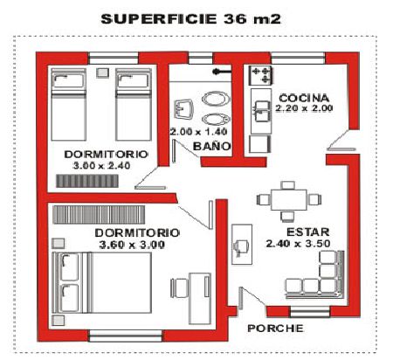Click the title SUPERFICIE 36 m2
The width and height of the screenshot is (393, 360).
coord(190,19)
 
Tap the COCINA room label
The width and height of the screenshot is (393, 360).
coord(304,98)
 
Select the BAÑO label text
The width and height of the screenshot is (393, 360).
coord(212,146)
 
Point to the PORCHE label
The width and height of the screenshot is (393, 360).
coord(275,329)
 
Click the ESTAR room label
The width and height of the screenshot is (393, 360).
coord(308,232)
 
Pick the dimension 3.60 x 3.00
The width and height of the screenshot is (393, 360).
coord(132,245)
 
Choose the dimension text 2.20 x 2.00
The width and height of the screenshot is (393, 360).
coord(304,108)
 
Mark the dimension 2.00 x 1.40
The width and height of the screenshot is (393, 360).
coord(198,132)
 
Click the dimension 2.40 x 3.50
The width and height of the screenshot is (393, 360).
coord(298,244)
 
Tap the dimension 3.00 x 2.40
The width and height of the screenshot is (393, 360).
coord(101,166)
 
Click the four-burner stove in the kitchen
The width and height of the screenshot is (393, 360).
coord(261,75)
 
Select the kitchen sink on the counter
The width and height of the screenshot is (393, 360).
coord(262,111)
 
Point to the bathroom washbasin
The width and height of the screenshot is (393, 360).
coord(183,109)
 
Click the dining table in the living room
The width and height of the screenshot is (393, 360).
coord(288,200)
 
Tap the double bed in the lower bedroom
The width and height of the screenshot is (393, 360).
coord(102,282)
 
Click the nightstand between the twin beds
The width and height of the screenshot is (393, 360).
coord(102,73)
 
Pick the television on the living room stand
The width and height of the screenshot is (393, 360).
coord(240,247)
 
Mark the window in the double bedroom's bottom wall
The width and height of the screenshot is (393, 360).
coord(125,336)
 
